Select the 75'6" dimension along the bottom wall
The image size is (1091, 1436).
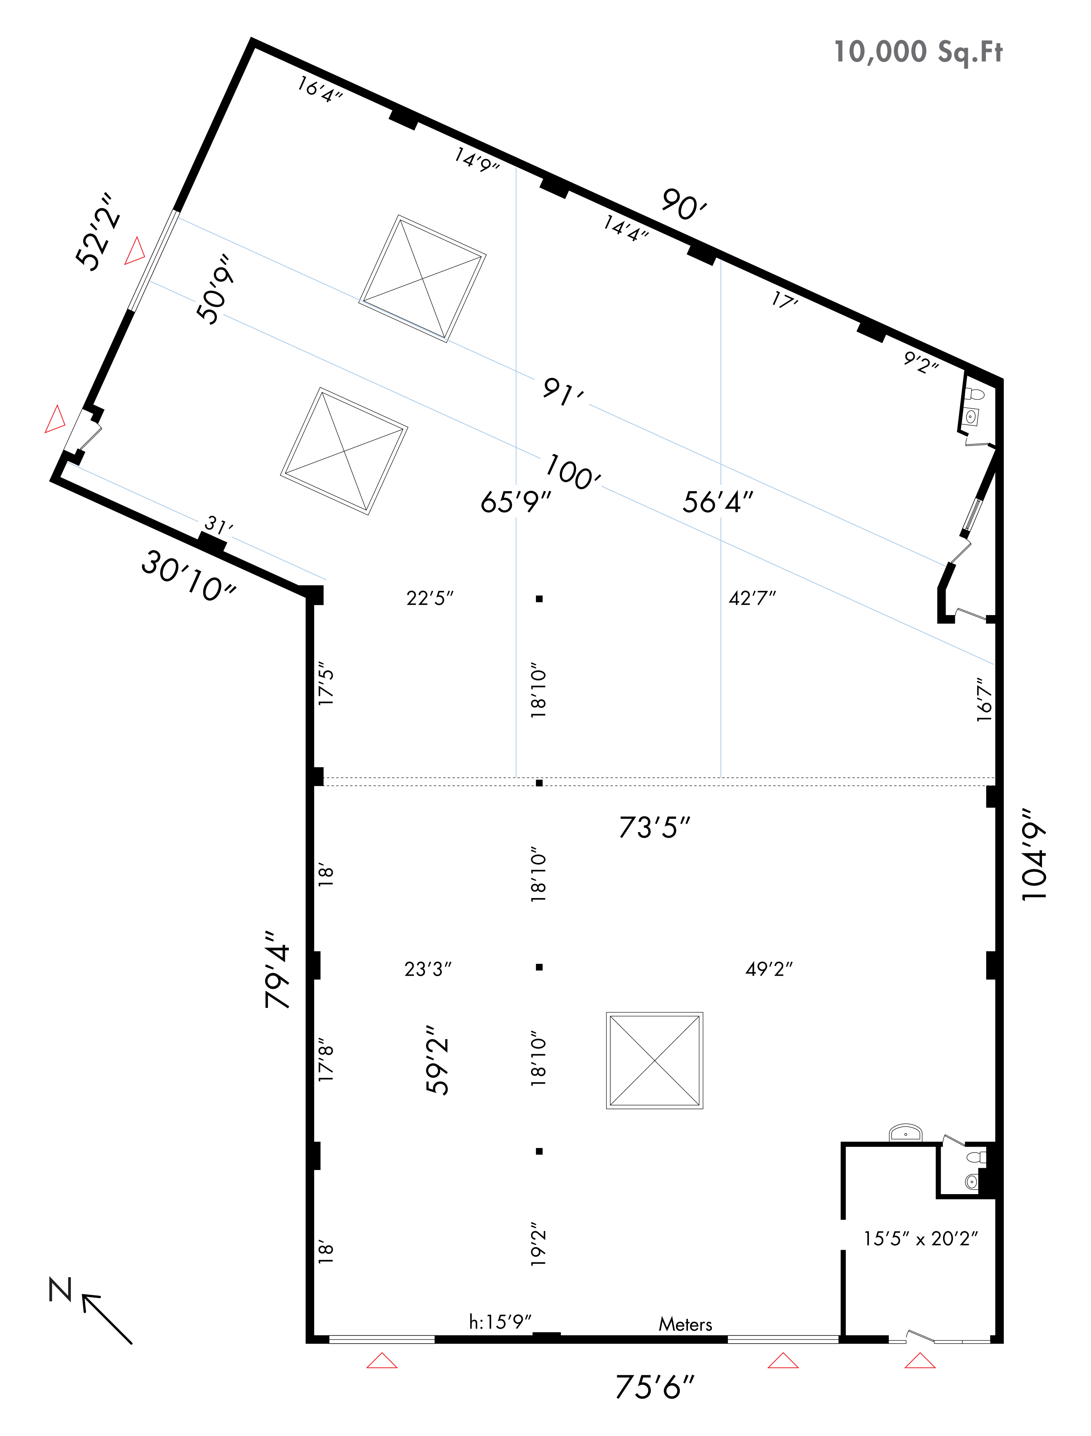655,1387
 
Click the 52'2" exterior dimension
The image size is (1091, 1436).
99,231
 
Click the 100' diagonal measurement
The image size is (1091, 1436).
573,472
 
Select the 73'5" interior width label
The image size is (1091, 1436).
655,828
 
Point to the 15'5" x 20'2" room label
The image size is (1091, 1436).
920,1239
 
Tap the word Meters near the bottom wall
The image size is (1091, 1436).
685,1324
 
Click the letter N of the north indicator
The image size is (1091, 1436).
60,1289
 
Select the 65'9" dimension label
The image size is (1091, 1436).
515,502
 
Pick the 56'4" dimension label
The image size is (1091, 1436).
718,502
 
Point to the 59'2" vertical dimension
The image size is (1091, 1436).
437,1060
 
